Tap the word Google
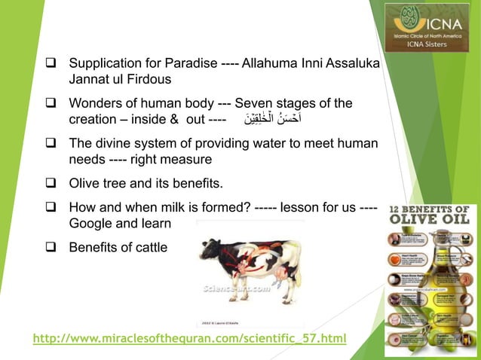90,224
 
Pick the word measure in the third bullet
190,158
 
